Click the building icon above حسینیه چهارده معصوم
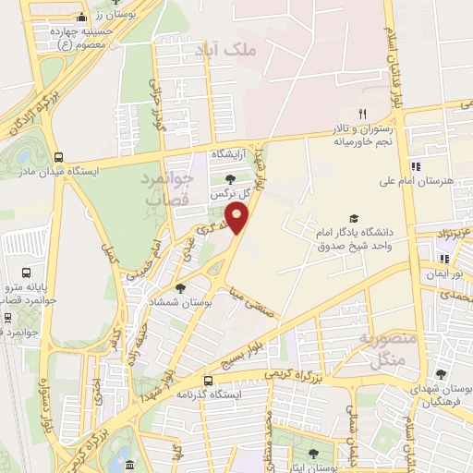pos(81,18)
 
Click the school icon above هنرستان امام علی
pos(416,166)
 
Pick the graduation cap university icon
pos(354,218)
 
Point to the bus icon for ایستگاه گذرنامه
pos(207,380)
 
